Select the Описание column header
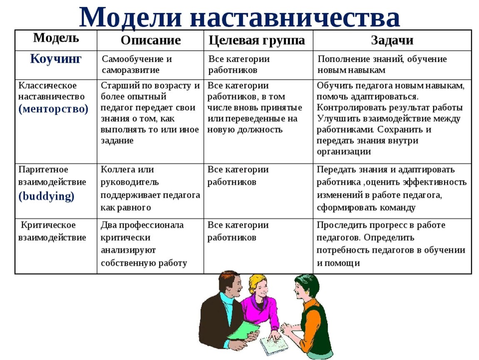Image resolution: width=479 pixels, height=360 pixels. pyautogui.click(x=151, y=40)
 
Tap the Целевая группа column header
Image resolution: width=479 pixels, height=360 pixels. pyautogui.click(x=257, y=40)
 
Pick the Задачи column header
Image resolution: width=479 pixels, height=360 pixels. pyautogui.click(x=392, y=40)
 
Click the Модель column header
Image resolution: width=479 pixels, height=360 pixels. pyautogui.click(x=56, y=38)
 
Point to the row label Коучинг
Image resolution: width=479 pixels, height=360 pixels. pyautogui.click(x=55, y=58)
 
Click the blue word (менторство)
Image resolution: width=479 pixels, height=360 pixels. pyautogui.click(x=53, y=109)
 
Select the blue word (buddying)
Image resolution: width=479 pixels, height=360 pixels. pyautogui.click(x=46, y=195)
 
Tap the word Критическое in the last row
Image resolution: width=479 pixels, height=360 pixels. pyautogui.click(x=48, y=225)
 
